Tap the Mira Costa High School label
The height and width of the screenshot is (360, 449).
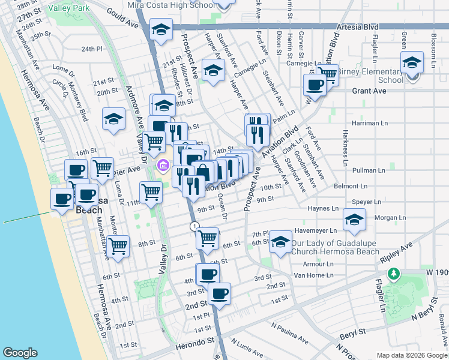coord(171,5)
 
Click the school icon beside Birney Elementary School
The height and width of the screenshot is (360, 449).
coord(412,63)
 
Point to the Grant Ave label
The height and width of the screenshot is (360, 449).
coord(369,91)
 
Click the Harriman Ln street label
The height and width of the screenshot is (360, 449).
coord(372,123)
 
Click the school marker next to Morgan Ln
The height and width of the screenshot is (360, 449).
coord(355,220)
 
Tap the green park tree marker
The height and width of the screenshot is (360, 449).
coord(393,274)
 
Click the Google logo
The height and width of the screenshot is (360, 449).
coord(20,353)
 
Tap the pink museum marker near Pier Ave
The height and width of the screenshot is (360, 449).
coord(162,165)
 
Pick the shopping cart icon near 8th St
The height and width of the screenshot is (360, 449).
coord(118,245)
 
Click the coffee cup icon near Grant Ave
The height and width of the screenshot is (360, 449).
coord(314,85)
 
